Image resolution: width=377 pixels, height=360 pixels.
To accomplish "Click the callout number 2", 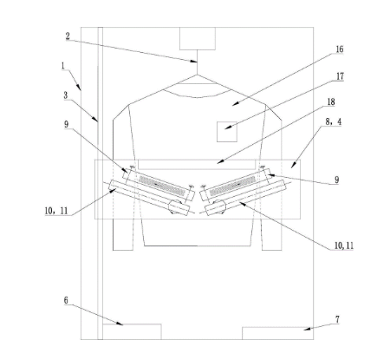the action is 68,36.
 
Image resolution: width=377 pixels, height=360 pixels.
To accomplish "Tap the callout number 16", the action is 340,49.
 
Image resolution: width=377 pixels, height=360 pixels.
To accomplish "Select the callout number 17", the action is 341,76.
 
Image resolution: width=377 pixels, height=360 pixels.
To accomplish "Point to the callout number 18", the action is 331,101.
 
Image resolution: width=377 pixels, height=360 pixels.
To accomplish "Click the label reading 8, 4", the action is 334,121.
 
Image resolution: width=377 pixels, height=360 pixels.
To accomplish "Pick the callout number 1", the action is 63,66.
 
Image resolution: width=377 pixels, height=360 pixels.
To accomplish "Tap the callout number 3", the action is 66,95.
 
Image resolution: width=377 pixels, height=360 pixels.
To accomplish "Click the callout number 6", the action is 66,300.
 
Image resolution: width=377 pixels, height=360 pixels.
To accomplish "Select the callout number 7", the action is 337,319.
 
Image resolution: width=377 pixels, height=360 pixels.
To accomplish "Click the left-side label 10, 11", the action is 56,211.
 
